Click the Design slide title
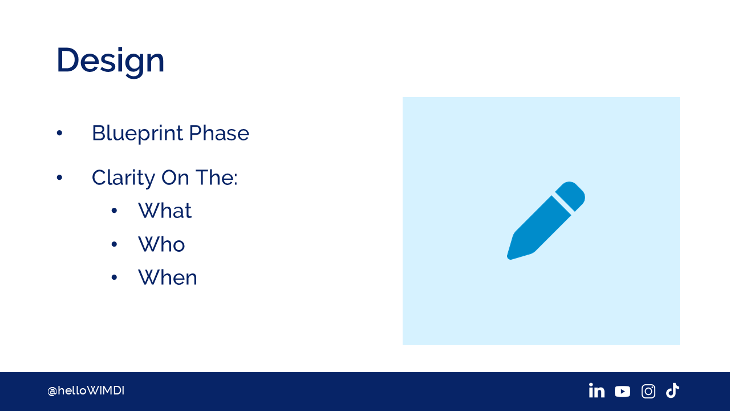coord(110,61)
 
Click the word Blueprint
coord(137,134)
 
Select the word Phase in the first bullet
coord(219,133)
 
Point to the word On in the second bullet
coord(175,178)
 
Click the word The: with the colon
coord(216,178)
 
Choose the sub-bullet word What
coord(165,211)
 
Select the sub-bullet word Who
coord(161,244)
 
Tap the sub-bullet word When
coord(168,277)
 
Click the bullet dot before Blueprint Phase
coord(59,133)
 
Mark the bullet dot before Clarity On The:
coord(59,178)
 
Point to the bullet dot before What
coord(114,211)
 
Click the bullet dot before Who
coord(114,244)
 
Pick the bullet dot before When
coord(114,277)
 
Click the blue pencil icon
coord(546,221)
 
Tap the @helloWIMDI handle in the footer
coord(86,391)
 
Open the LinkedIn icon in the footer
coord(597,390)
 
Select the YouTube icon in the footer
coord(622,392)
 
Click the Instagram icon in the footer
coord(648,392)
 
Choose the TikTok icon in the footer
coord(672,390)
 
